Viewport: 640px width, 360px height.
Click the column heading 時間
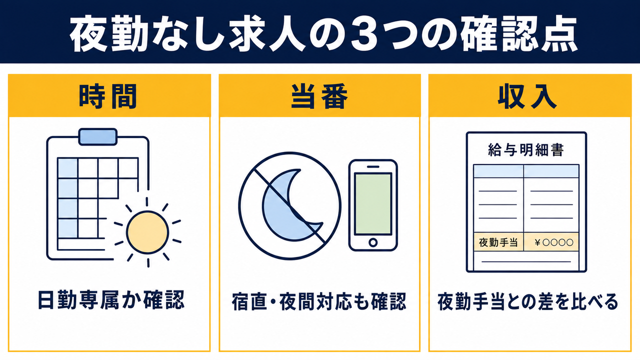108,96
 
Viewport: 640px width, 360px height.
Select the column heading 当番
319,96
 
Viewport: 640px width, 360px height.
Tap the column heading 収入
527,96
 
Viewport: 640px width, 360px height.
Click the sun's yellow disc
147,232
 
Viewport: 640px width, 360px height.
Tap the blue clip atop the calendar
97,136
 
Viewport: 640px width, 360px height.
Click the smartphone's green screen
373,203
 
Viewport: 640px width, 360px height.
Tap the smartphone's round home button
373,242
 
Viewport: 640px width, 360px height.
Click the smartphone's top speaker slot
373,166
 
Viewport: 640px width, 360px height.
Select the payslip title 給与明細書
526,150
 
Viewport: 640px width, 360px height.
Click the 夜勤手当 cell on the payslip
498,242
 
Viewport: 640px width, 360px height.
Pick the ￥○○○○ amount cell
551,242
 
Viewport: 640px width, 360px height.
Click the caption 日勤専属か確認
111,300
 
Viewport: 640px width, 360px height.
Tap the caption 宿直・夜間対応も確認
319,301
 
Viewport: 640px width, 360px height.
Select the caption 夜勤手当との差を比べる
527,301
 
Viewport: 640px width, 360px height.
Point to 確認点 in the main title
519,33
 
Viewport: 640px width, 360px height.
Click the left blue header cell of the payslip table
498,171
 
